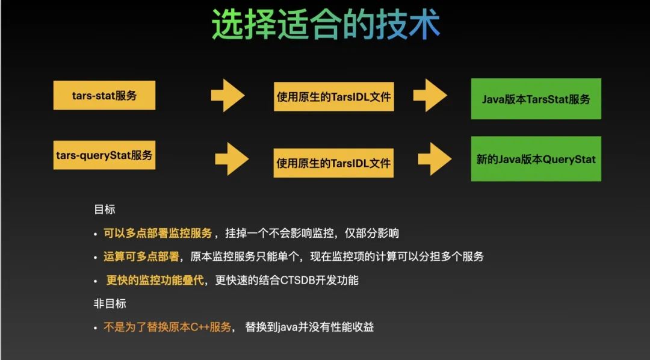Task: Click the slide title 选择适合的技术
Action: pyautogui.click(x=326, y=25)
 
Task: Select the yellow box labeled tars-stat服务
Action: pyautogui.click(x=104, y=96)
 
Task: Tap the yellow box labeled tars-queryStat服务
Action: pyautogui.click(x=104, y=155)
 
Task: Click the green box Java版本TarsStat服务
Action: pyautogui.click(x=536, y=99)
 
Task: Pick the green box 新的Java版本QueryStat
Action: pyautogui.click(x=536, y=160)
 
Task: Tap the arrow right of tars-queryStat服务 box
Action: pyautogui.click(x=232, y=160)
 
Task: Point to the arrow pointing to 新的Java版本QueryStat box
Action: pyautogui.click(x=435, y=160)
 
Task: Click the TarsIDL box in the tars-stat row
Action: pyautogui.click(x=334, y=97)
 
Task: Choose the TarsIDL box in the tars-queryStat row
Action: pyautogui.click(x=333, y=163)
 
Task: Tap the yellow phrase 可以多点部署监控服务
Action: pyautogui.click(x=158, y=234)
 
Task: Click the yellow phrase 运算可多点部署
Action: pyautogui.click(x=141, y=257)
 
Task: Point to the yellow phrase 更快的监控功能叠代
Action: pyautogui.click(x=155, y=281)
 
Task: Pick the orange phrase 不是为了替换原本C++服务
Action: pyautogui.click(x=167, y=327)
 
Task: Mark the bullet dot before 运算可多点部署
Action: pyautogui.click(x=95, y=258)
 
